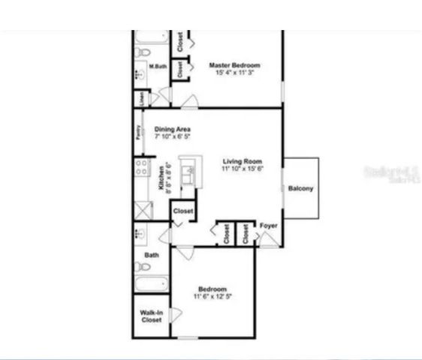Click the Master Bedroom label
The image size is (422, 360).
[x=234, y=66]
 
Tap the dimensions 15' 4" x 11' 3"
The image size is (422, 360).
[x=234, y=73]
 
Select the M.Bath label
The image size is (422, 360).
[x=158, y=67]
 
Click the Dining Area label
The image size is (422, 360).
[x=172, y=130]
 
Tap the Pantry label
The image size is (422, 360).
[x=137, y=132]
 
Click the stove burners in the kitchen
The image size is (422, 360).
[x=140, y=166]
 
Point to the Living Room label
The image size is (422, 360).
[x=242, y=162]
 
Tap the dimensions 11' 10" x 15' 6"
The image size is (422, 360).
[x=242, y=169]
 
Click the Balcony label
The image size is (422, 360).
[x=300, y=188]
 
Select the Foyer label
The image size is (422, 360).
[x=269, y=225]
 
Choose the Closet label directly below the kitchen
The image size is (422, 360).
[x=183, y=212]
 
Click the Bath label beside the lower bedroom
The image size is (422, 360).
[x=152, y=255]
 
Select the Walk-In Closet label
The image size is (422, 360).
[x=152, y=316]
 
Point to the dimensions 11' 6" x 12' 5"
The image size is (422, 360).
[x=213, y=297]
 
